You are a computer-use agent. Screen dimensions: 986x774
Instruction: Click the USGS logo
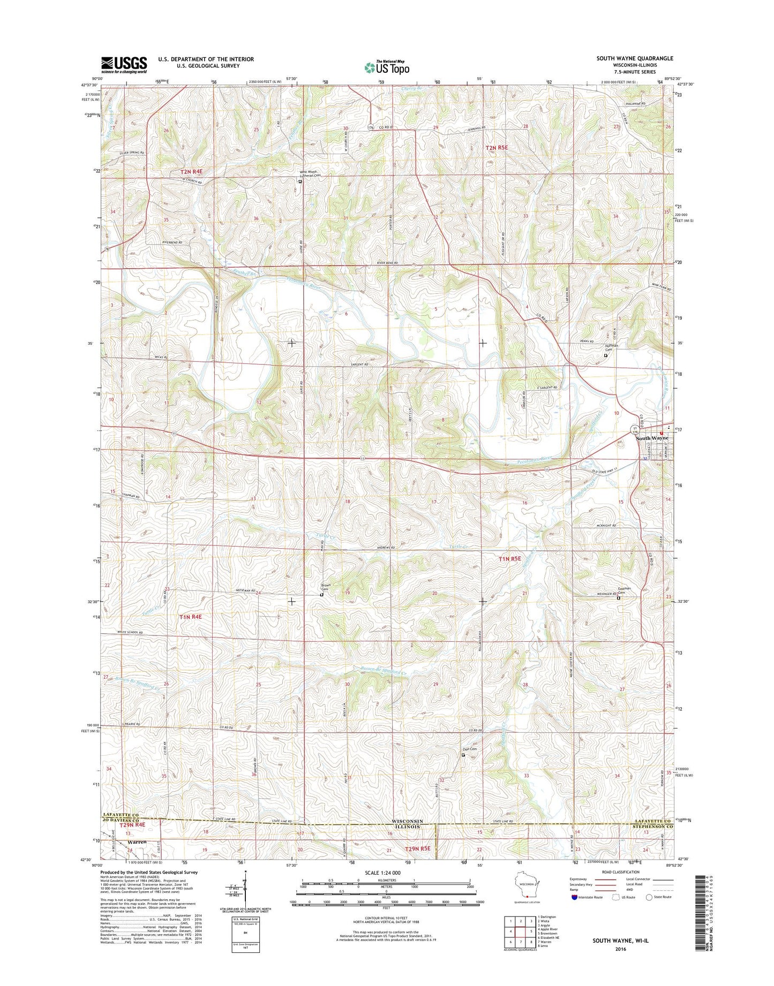(124, 65)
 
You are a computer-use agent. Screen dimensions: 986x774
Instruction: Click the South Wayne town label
(651, 438)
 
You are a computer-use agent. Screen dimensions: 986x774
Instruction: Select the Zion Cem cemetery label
(470, 749)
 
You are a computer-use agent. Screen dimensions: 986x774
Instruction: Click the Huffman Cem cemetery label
(611, 348)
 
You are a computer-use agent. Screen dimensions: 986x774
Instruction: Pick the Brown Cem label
(326, 587)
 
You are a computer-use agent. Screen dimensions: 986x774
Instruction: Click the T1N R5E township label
(510, 559)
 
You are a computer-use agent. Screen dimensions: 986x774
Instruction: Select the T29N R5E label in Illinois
(418, 849)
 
